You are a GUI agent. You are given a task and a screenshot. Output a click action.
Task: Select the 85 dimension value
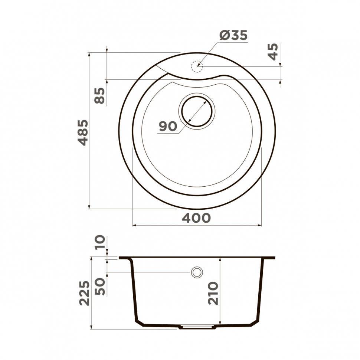point(100,96)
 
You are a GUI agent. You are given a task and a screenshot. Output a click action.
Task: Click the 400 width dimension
point(196,218)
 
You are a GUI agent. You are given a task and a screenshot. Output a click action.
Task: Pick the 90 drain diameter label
point(168,126)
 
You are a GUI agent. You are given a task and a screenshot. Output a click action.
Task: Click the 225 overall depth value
point(85,293)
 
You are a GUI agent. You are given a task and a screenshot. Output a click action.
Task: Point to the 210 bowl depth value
point(213,293)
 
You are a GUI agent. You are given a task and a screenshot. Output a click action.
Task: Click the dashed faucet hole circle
point(196,66)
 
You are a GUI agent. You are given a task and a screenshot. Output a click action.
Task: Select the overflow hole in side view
point(197,272)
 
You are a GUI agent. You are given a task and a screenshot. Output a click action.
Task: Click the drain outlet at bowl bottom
point(197,327)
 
